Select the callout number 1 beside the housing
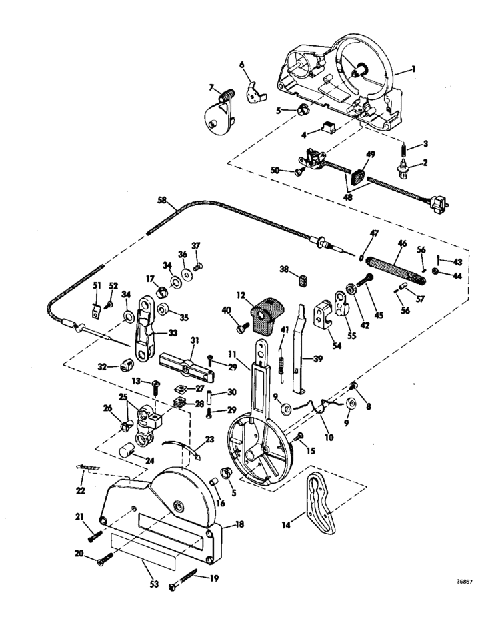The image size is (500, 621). coord(413,69)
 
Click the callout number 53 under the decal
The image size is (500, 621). coord(154,584)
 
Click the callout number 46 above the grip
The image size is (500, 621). coord(402,243)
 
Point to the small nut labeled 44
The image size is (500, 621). coord(435,271)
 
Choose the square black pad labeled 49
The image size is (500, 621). coord(357,176)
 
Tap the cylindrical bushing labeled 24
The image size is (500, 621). coord(127,452)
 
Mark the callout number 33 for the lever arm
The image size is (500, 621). coord(172,332)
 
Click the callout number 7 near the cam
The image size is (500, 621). coord(211,87)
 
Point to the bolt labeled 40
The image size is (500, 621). coord(241,327)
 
